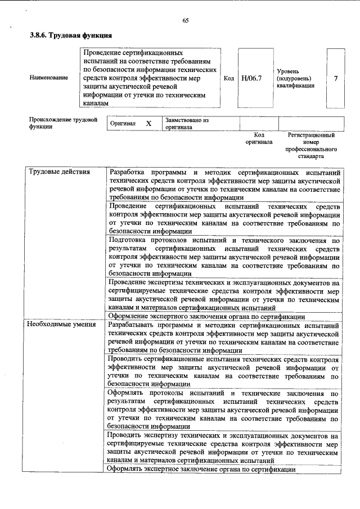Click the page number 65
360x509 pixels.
pyautogui.click(x=185, y=21)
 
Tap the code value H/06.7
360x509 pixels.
pyautogui.click(x=251, y=78)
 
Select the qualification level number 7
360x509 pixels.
pyautogui.click(x=335, y=78)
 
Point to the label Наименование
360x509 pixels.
pyautogui.click(x=48, y=78)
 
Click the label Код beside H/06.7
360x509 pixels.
pyautogui.click(x=228, y=78)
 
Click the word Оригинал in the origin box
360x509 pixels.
pyautogui.click(x=123, y=123)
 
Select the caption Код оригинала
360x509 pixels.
pyautogui.click(x=259, y=139)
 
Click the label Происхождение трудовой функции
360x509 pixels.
pyautogui.click(x=63, y=123)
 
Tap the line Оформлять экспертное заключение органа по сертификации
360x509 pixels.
pyautogui.click(x=202, y=469)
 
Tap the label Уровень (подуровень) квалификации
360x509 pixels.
pyautogui.click(x=296, y=78)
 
